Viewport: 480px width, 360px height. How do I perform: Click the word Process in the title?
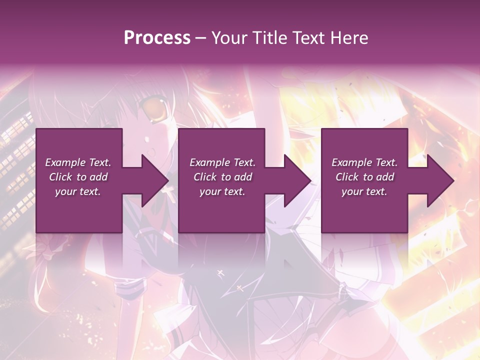click(157, 38)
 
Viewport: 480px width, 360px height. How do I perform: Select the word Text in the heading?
click(309, 38)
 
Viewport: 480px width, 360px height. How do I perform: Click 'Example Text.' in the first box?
click(78, 162)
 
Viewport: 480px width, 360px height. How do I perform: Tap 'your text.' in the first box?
click(78, 191)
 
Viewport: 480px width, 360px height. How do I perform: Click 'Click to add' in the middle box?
click(222, 177)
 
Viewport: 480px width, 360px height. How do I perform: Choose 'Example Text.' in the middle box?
click(222, 162)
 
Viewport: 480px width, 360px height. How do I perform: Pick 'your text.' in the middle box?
click(222, 191)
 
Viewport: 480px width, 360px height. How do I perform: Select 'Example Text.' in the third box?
click(364, 162)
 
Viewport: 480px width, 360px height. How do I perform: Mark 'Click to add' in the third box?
click(364, 177)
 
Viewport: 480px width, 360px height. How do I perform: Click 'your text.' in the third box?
click(364, 191)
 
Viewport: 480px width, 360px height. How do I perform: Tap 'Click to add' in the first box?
click(78, 177)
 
